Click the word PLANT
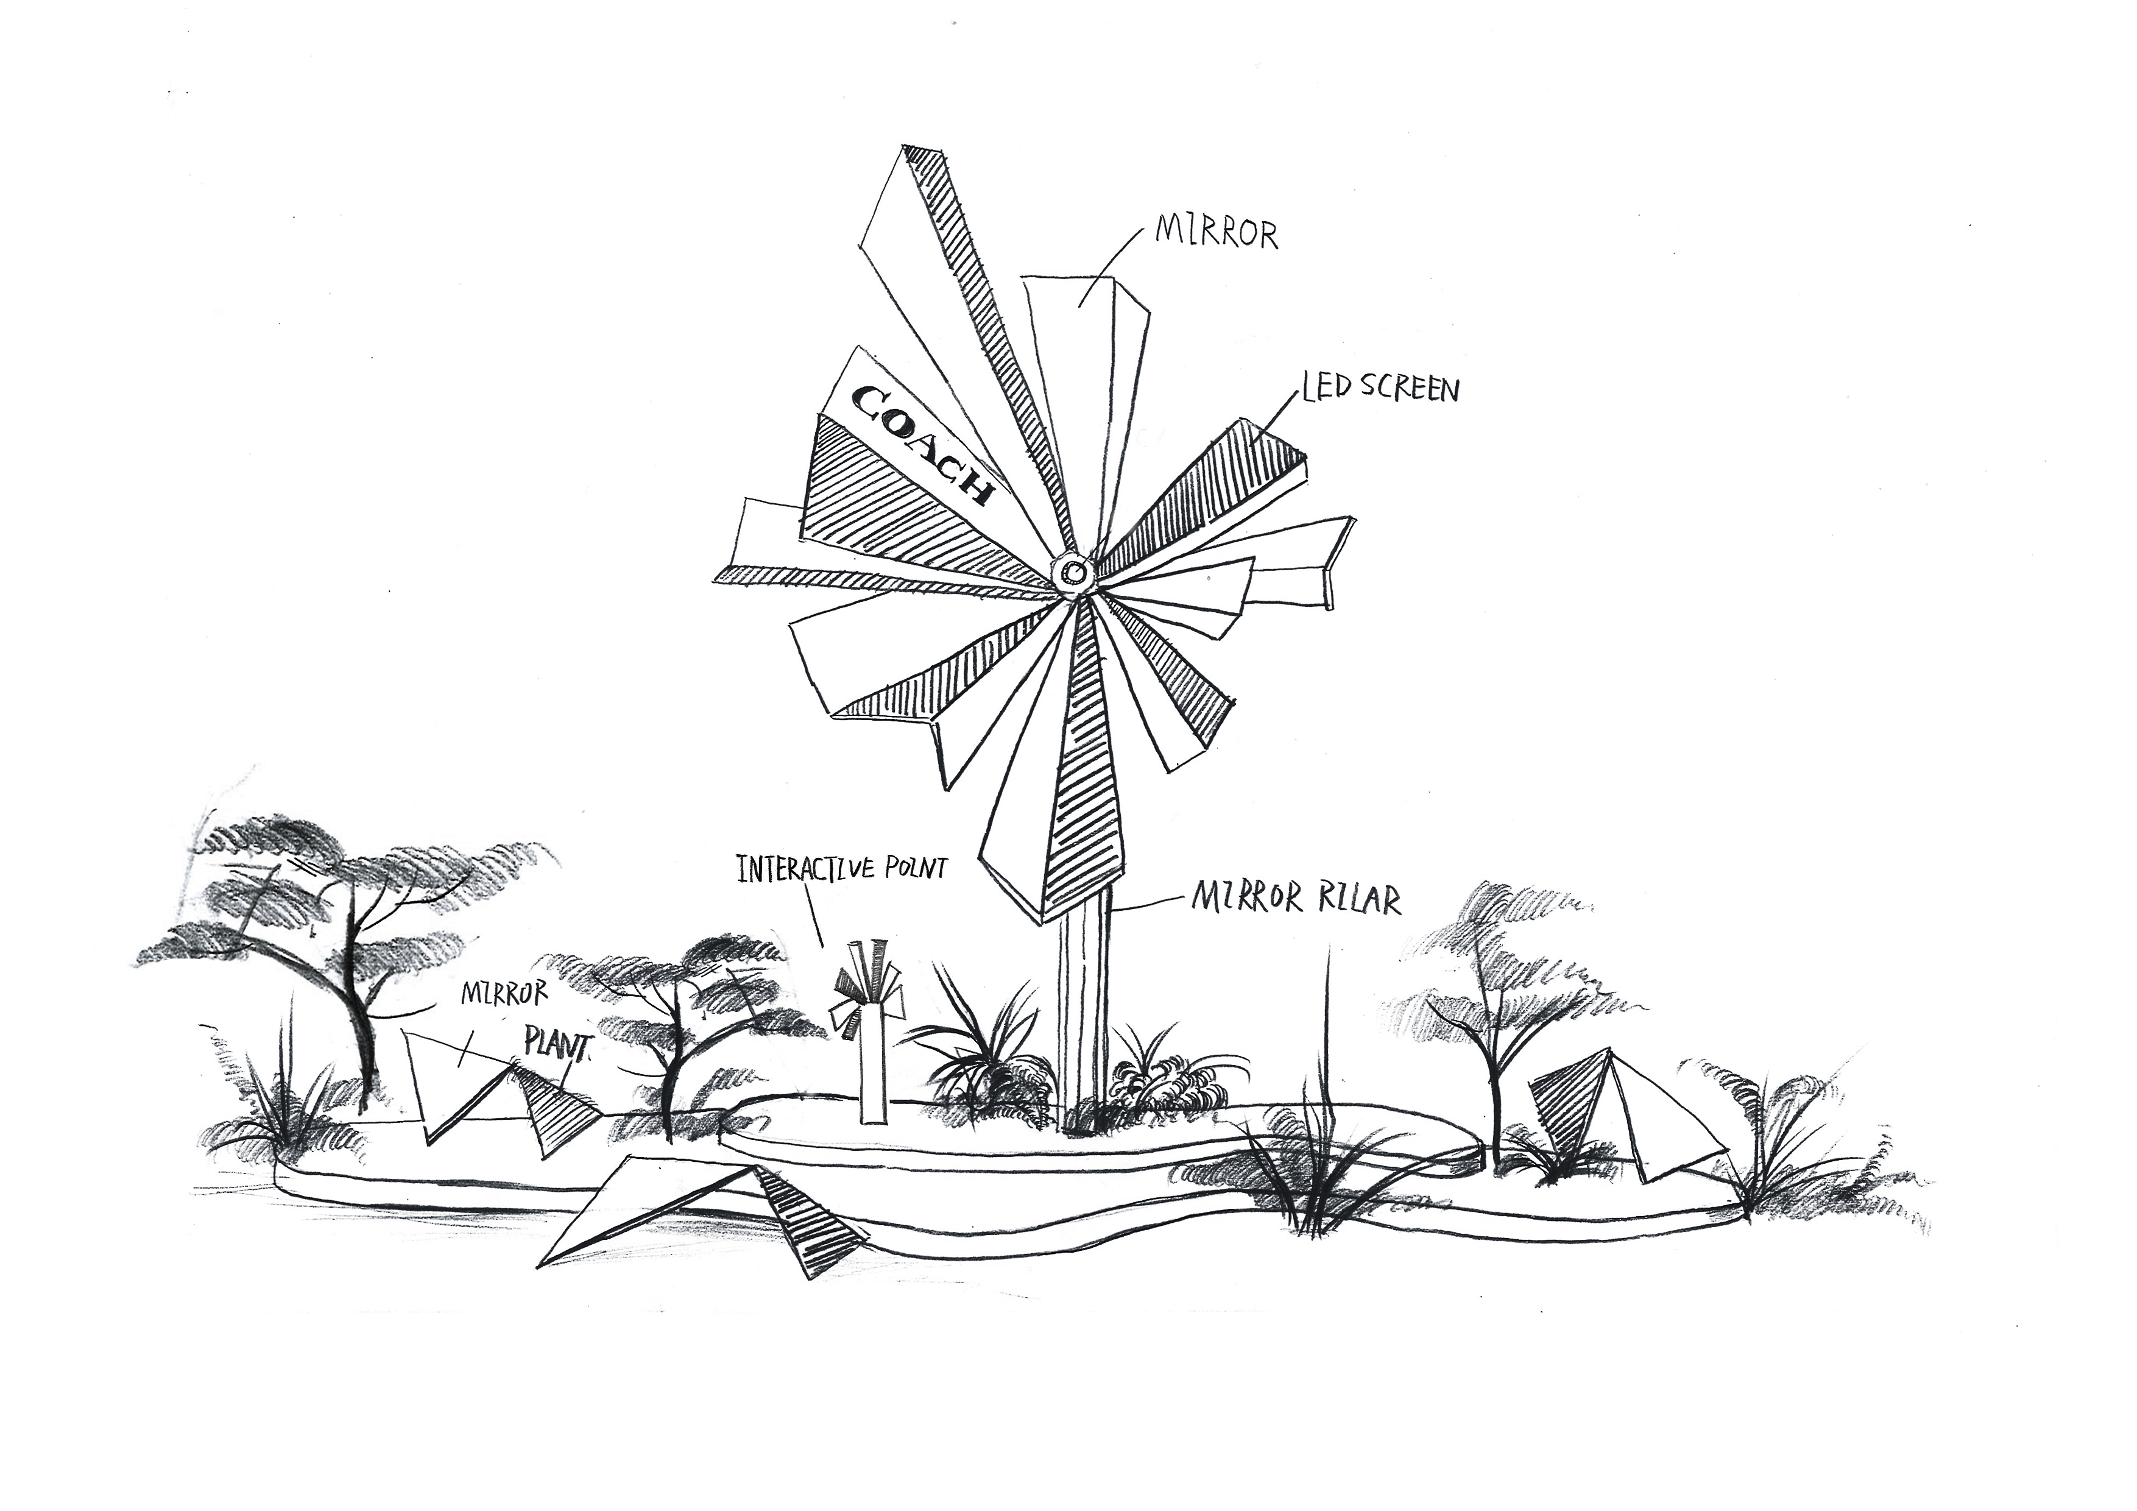click(559, 1046)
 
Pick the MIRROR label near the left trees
click(504, 994)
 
